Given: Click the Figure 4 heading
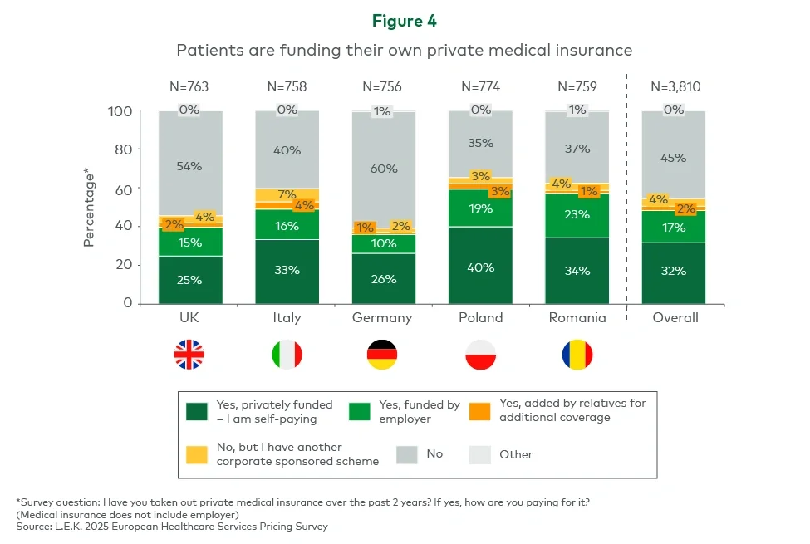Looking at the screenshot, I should pyautogui.click(x=404, y=21).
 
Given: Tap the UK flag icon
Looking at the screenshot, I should pyautogui.click(x=189, y=355).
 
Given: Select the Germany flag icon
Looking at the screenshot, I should pyautogui.click(x=382, y=355).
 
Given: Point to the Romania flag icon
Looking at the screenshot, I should pyautogui.click(x=577, y=355).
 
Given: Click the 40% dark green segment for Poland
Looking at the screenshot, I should pyautogui.click(x=480, y=266).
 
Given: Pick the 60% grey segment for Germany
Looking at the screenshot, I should pyautogui.click(x=383, y=169).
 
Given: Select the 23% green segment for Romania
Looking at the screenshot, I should pyautogui.click(x=577, y=215).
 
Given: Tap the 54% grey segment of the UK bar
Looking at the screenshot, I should pyautogui.click(x=190, y=165).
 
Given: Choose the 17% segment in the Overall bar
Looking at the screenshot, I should pyautogui.click(x=674, y=227).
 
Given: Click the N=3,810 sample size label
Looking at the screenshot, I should pyautogui.click(x=674, y=86).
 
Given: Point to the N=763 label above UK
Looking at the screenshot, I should pyautogui.click(x=190, y=86).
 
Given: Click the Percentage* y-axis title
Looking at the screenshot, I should pyautogui.click(x=88, y=207).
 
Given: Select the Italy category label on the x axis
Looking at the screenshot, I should pyautogui.click(x=287, y=318).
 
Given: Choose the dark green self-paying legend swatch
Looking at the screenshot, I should pyautogui.click(x=197, y=410).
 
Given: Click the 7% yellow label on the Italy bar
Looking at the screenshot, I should pyautogui.click(x=287, y=194).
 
